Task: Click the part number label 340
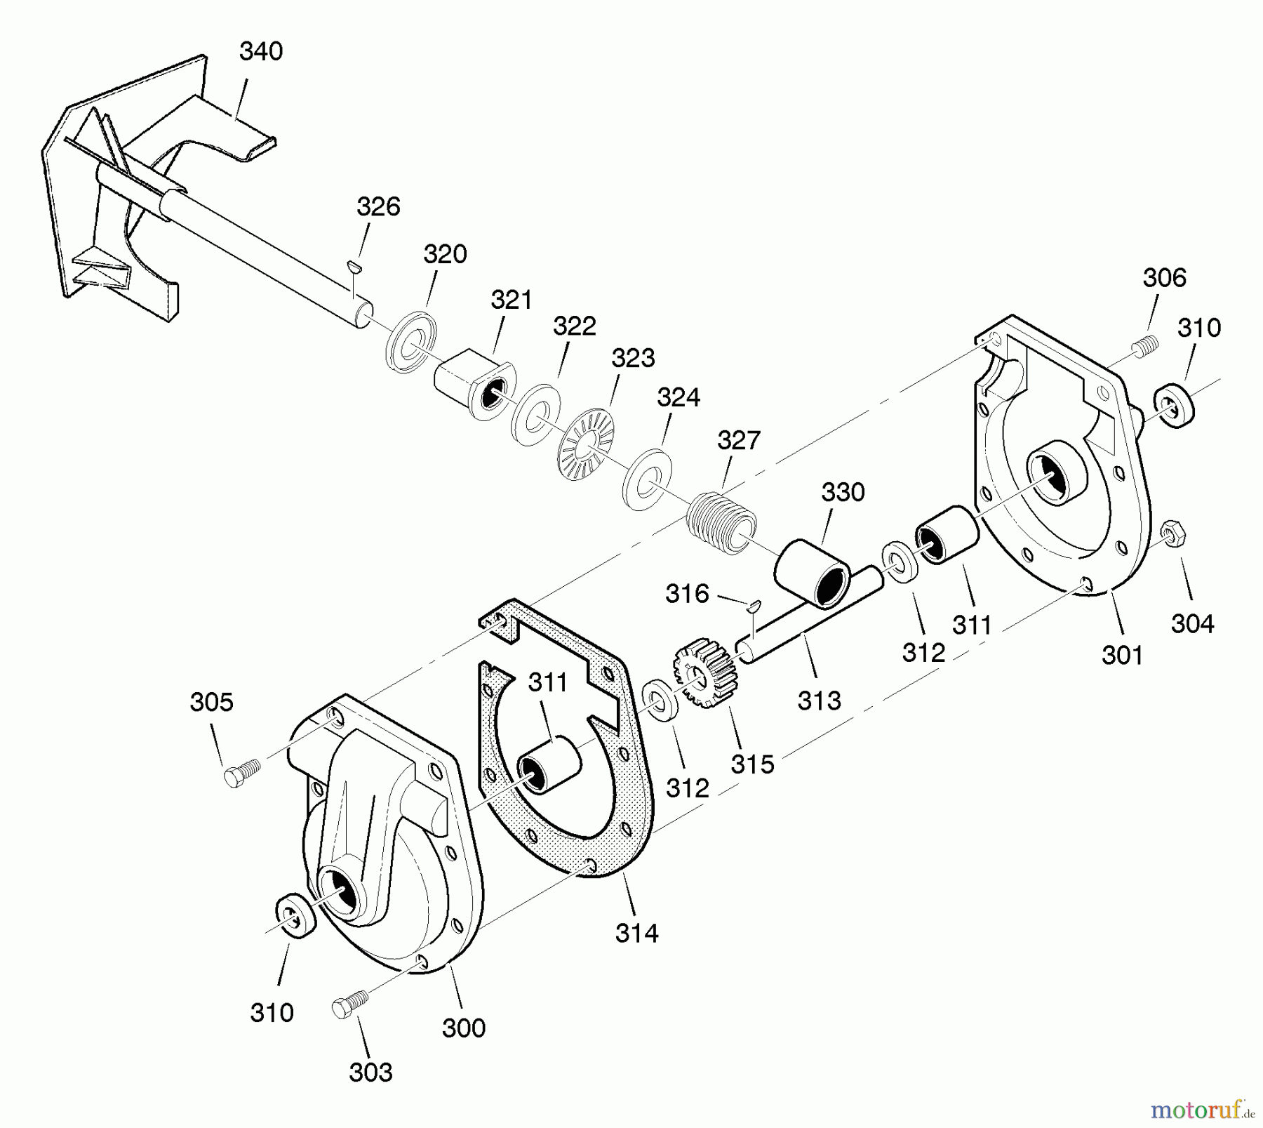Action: [261, 51]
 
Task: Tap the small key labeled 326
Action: [355, 265]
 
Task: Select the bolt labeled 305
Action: [242, 774]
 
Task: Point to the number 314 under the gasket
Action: [637, 933]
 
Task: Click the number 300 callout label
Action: [464, 1028]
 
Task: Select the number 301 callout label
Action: [1123, 655]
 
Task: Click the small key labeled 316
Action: [754, 605]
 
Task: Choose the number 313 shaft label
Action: [820, 700]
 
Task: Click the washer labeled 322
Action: [535, 414]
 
